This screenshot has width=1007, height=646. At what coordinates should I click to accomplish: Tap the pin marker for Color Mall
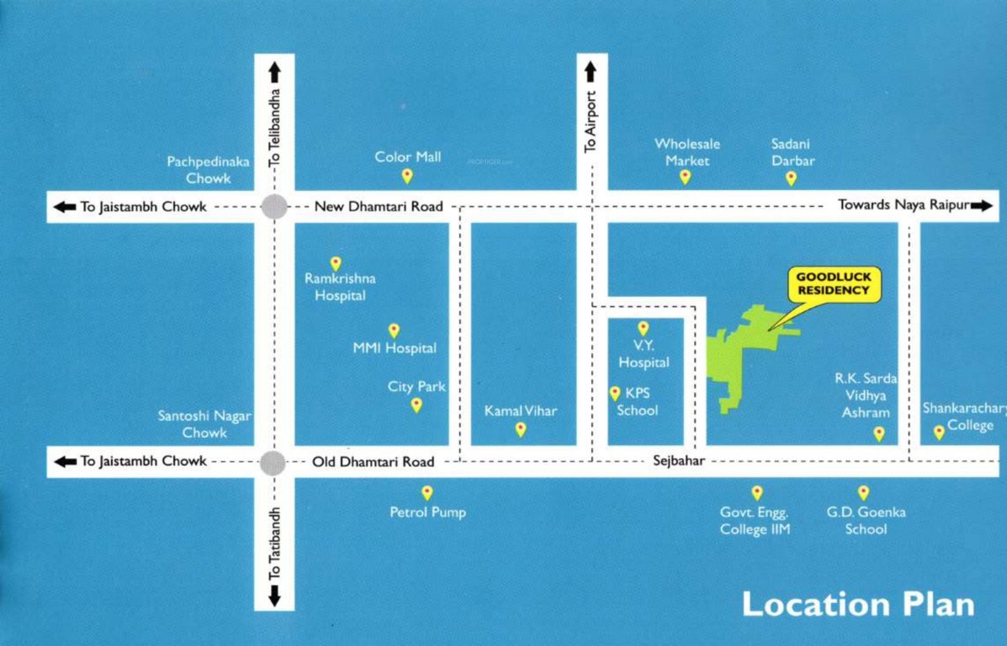[407, 176]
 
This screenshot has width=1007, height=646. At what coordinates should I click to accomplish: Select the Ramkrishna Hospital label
[340, 287]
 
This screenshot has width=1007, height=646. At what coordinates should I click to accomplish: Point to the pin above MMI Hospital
[394, 331]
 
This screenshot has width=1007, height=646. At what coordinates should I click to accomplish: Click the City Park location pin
[416, 405]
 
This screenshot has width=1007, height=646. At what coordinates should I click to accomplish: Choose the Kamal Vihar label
[520, 411]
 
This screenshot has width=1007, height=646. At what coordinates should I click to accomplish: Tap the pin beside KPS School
[615, 394]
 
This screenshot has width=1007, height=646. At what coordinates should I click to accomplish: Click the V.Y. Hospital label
[644, 354]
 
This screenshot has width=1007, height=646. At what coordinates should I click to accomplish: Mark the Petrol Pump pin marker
[427, 493]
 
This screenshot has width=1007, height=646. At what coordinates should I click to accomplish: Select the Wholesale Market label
[686, 152]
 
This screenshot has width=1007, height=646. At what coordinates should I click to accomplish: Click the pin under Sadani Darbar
[791, 178]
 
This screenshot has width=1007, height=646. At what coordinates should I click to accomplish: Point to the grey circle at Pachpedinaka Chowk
[274, 206]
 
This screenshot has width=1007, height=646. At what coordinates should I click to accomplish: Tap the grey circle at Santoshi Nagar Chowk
[272, 462]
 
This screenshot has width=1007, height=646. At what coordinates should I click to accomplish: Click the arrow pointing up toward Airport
[591, 71]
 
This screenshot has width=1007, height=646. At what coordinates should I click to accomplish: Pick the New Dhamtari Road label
[379, 207]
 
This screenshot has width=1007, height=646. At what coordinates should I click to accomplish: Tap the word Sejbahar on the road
[678, 461]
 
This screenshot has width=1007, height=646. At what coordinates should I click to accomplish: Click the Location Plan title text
[858, 604]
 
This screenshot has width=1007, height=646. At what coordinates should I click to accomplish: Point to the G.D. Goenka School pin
[863, 493]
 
